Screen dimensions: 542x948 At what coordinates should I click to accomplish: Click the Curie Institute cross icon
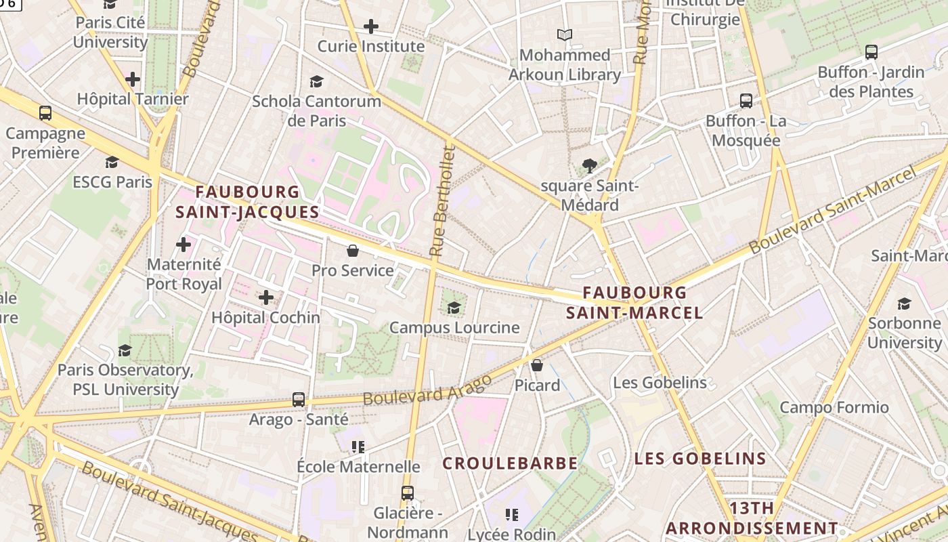tap(371, 27)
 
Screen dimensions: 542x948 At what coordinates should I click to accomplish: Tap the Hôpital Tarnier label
tap(133, 99)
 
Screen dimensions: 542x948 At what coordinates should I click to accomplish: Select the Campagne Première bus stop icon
tap(45, 113)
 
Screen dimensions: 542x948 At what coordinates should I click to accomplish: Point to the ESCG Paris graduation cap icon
tap(112, 163)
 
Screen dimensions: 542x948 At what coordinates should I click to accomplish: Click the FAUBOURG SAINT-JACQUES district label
tap(247, 202)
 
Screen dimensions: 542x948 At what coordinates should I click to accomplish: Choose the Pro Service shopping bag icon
tap(353, 251)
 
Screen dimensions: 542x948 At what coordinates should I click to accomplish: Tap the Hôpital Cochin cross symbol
tap(266, 297)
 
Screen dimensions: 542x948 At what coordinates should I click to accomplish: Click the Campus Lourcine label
tap(454, 328)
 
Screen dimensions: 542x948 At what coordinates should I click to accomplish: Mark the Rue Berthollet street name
tap(441, 203)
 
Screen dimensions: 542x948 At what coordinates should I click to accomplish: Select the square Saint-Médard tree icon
tap(590, 165)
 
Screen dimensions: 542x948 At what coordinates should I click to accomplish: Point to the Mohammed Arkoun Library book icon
tap(565, 35)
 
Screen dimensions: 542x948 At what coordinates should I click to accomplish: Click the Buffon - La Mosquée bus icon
tap(746, 101)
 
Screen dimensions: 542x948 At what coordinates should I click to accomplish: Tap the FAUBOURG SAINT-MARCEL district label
tap(634, 302)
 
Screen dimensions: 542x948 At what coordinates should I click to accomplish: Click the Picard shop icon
tap(537, 366)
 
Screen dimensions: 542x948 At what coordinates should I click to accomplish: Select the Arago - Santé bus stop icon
tap(299, 400)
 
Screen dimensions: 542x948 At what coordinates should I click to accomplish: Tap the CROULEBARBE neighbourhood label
tap(510, 463)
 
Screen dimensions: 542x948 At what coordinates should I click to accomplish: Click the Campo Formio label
tap(834, 407)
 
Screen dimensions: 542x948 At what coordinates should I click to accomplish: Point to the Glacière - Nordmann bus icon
tap(407, 493)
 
